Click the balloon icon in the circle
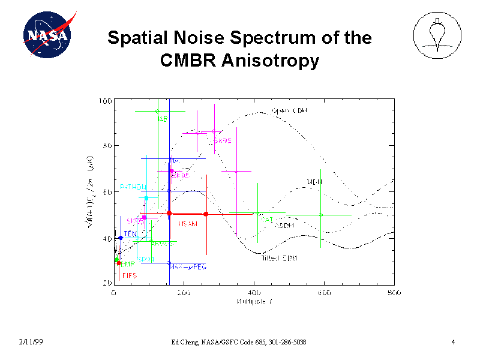tap(438, 35)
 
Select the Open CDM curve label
tap(289, 110)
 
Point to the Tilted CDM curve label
tap(279, 258)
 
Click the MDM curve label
tap(314, 182)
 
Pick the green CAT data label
tap(267, 220)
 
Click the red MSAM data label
tap(187, 224)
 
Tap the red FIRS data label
tap(130, 275)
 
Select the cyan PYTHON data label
tap(133, 187)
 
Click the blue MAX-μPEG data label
tap(188, 266)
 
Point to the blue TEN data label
tap(130, 233)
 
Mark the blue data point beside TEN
tap(121, 238)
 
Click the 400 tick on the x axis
tap(254, 293)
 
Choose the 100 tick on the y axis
tap(104, 101)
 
